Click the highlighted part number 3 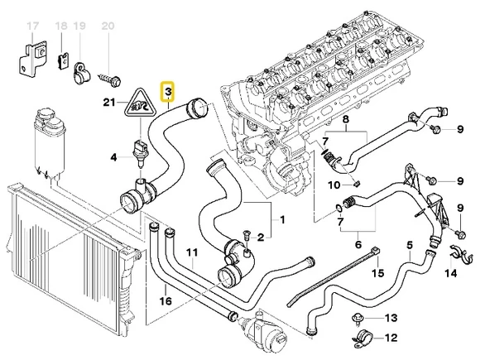168,90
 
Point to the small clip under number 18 61,59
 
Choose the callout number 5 409,244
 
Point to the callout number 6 358,244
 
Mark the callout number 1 282,219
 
